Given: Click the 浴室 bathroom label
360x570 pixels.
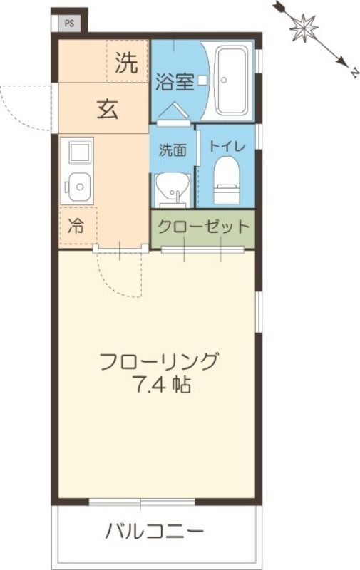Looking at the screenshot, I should [175, 81].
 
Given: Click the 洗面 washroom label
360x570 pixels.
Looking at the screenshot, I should [172, 150].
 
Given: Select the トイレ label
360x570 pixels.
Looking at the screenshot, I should [226, 147].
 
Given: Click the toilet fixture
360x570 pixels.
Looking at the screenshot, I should [226, 178].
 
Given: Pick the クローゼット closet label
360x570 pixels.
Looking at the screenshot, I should [203, 227].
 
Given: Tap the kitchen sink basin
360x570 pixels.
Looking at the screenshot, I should [78, 188].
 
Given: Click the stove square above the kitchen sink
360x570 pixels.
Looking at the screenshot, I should [78, 151].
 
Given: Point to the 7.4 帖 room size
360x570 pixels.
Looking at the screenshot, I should [160, 386].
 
